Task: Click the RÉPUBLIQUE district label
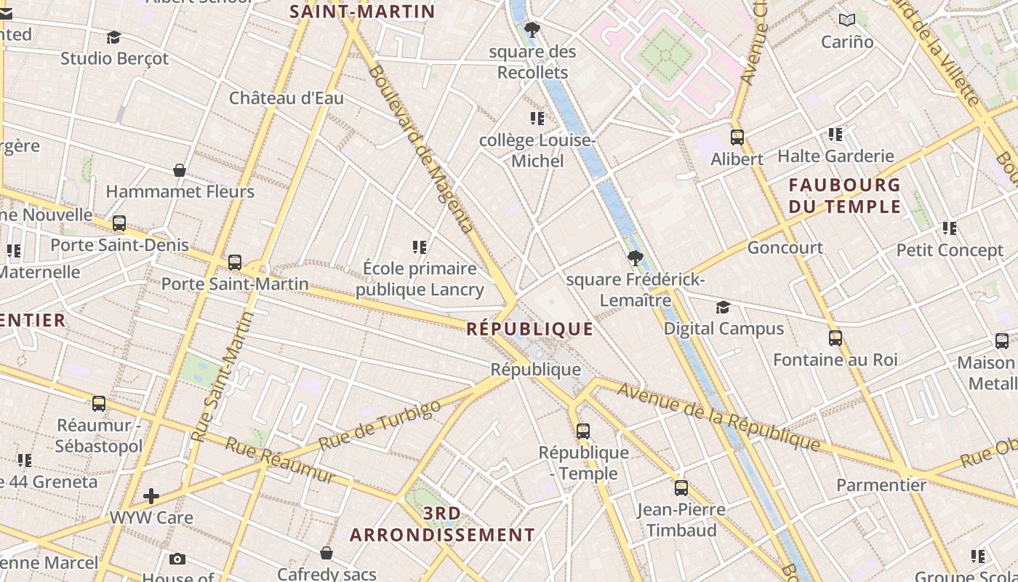point(529,329)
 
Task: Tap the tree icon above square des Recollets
point(532,30)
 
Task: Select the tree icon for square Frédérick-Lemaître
point(635,258)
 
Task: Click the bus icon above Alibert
point(737,137)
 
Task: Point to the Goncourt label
point(785,248)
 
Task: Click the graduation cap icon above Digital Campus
point(723,307)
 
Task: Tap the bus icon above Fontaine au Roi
point(835,338)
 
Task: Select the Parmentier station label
point(881,485)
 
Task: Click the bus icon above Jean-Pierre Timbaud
point(681,487)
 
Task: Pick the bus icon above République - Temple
point(582,431)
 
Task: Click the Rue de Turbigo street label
point(380,425)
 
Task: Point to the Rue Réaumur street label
point(279,461)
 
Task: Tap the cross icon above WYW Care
point(151,496)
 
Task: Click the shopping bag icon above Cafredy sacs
point(326,553)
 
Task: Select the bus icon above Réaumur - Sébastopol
point(98,403)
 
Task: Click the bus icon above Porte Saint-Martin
point(234,262)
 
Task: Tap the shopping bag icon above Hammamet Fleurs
point(180,170)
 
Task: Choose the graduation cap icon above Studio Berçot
point(113,37)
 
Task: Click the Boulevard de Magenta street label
point(421,148)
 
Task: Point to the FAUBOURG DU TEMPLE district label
point(844,196)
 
